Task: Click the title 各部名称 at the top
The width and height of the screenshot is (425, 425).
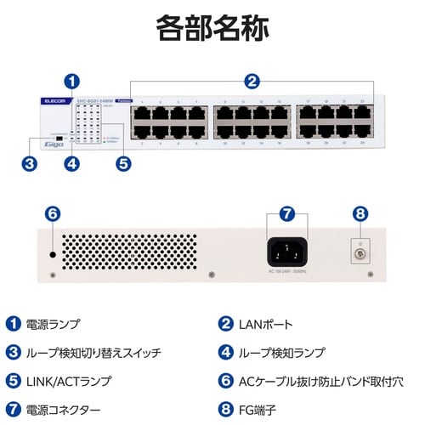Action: coord(212,27)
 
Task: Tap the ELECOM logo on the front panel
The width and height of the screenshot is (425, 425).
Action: coord(54,101)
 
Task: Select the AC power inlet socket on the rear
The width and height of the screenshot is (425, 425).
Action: coord(286,252)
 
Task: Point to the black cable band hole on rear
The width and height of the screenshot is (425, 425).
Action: coord(53,254)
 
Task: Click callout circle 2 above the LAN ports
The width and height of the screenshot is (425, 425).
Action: coord(252,82)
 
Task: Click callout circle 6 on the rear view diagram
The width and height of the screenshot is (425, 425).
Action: coord(52,213)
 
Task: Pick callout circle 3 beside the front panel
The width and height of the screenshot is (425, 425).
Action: coord(29,163)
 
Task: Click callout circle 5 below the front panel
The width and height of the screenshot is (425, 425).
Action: coord(124,163)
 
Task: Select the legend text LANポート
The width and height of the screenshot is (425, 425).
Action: coord(267,323)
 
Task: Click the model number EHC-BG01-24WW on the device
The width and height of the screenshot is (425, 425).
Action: coord(95,100)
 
